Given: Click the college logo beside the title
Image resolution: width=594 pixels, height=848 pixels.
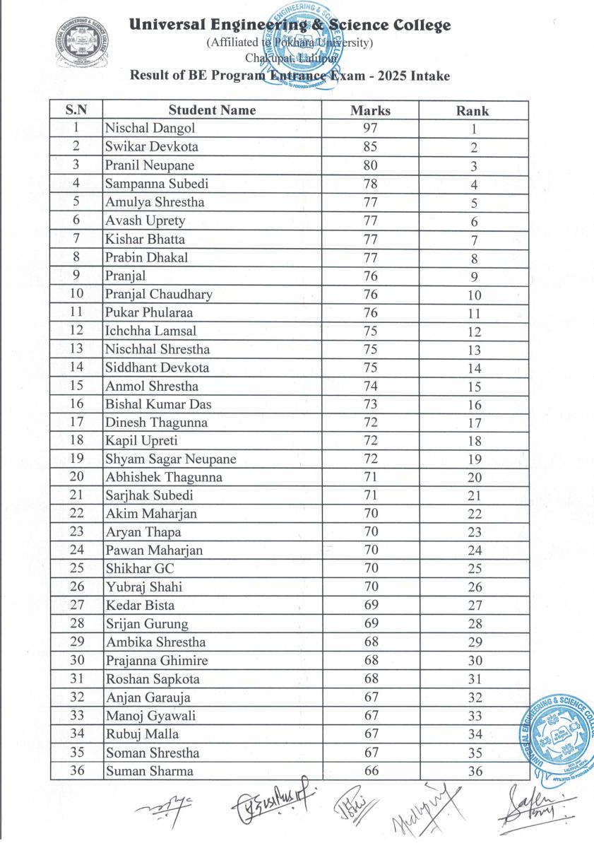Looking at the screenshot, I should tap(84, 45).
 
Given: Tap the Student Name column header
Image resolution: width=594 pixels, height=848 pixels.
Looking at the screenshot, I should tap(212, 110).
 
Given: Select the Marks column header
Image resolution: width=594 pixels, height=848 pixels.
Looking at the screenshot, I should tap(370, 110).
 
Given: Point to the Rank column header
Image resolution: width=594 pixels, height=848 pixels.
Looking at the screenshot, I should tap(473, 111).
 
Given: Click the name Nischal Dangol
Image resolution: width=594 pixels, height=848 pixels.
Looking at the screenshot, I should tap(150, 129).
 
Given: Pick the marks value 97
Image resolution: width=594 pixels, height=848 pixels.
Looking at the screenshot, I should tap(370, 129).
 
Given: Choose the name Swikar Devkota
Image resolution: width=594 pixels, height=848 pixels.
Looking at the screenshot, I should tap(152, 147).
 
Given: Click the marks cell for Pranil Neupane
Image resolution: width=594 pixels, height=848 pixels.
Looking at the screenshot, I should tap(370, 165).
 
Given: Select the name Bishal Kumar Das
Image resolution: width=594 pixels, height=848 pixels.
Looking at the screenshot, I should tap(158, 404).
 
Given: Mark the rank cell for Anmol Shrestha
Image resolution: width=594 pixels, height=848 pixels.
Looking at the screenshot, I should tap(474, 387).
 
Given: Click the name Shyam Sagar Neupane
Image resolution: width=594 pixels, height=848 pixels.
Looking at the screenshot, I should tap(171, 459).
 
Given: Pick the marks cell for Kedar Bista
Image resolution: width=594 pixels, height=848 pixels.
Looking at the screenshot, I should tap(370, 606).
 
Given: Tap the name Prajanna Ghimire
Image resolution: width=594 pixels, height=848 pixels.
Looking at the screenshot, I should tap(157, 661).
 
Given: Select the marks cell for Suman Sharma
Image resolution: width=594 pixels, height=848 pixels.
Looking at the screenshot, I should tap(370, 771).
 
